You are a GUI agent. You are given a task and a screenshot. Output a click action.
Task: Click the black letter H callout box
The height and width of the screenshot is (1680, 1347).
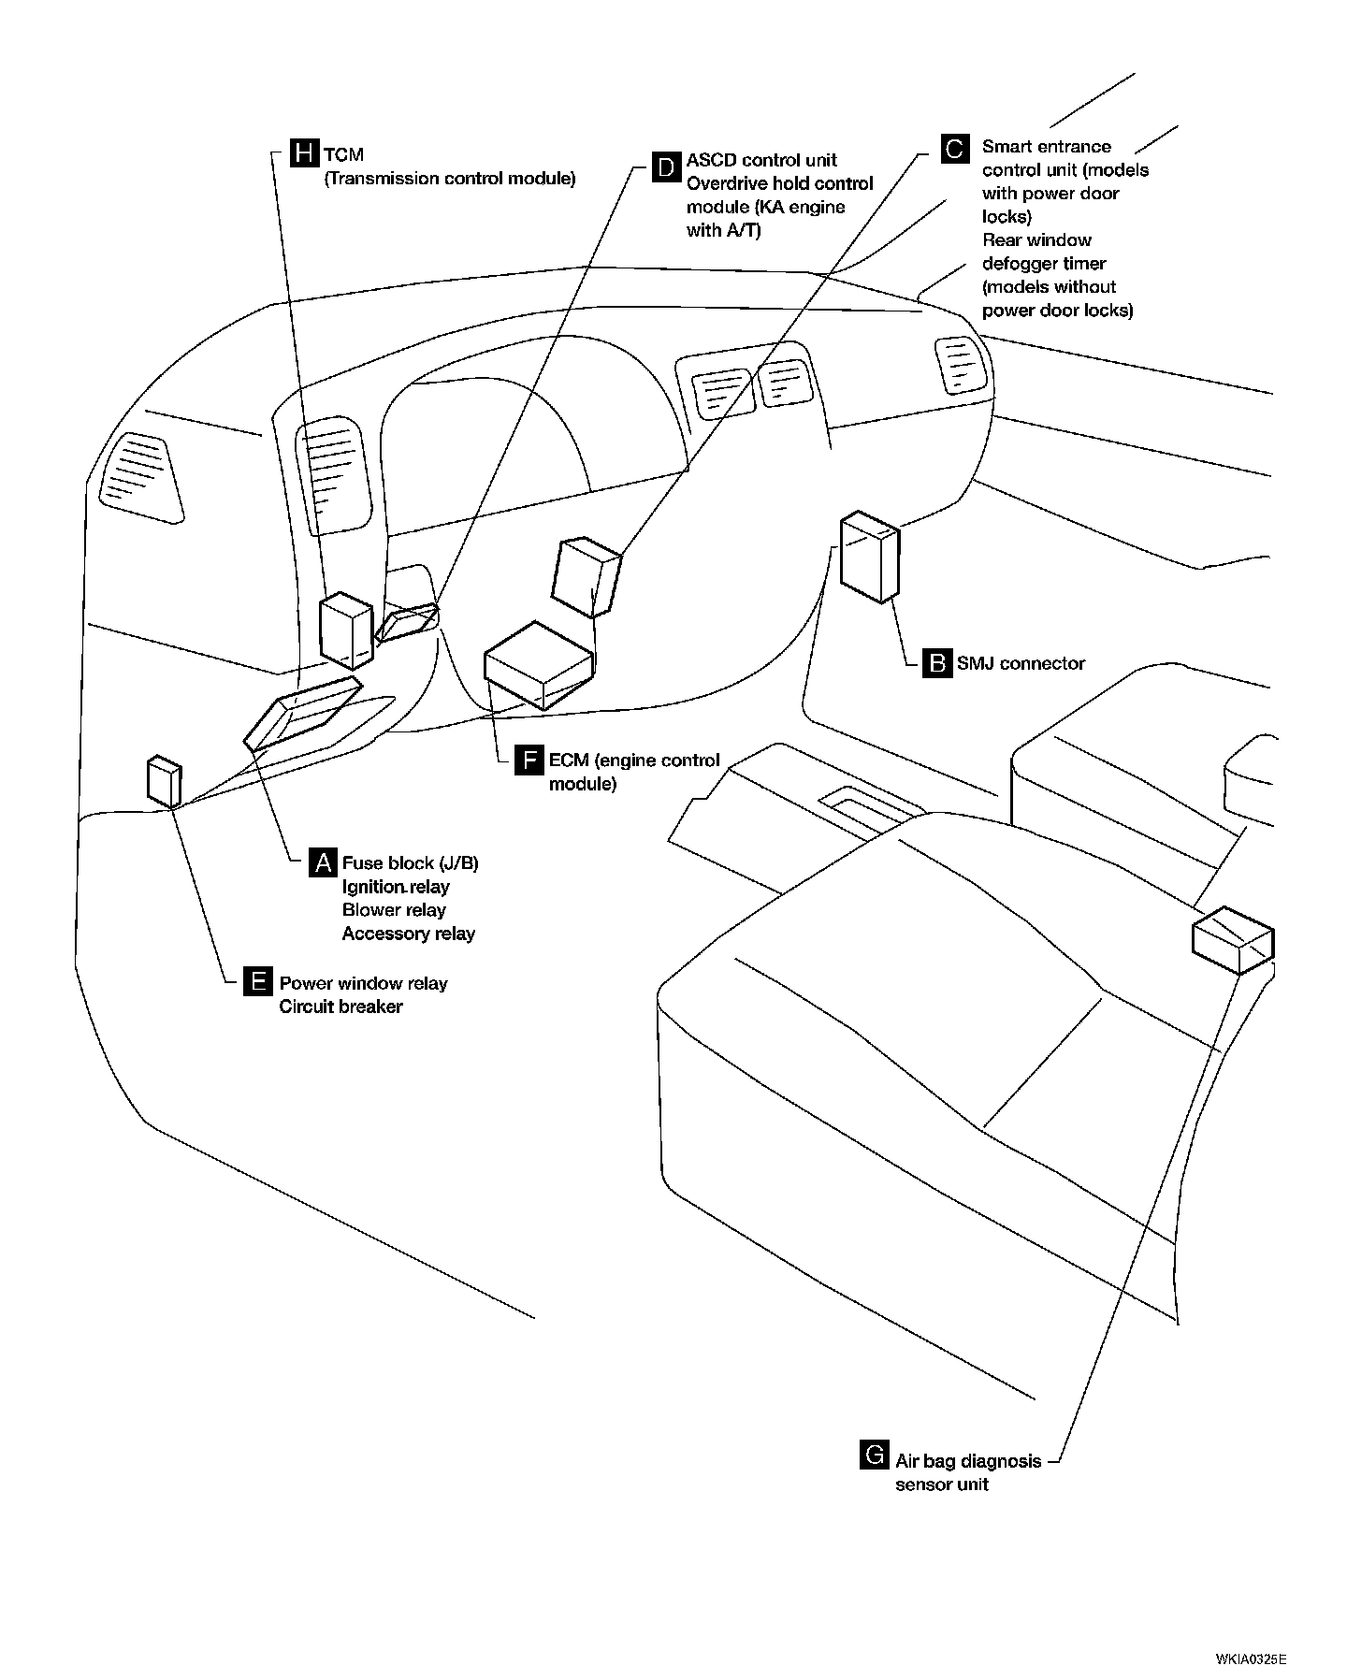tap(304, 153)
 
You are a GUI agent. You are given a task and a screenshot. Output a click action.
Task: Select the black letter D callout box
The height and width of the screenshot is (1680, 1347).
tap(666, 167)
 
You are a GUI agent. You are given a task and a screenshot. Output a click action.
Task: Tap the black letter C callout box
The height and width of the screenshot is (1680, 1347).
tap(954, 150)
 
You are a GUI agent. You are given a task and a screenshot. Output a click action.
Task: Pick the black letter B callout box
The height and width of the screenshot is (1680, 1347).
tap(936, 662)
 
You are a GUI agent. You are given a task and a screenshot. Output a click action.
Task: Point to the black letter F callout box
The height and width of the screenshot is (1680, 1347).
tap(529, 760)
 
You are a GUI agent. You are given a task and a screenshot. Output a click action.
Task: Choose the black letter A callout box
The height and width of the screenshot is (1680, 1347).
tap(322, 862)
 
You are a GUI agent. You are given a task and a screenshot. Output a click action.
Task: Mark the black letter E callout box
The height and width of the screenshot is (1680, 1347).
tap(256, 982)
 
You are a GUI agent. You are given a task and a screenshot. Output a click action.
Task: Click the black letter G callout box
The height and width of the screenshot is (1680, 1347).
tap(874, 1456)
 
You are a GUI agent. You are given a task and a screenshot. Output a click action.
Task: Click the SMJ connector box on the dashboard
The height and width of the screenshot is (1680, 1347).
tap(869, 557)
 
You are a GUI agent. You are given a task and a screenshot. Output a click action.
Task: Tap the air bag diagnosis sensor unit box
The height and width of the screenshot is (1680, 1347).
tap(1233, 939)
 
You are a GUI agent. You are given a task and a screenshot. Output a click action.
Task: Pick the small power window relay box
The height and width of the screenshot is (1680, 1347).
tap(164, 780)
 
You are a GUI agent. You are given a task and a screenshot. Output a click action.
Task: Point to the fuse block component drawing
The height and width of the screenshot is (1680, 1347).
tap(301, 712)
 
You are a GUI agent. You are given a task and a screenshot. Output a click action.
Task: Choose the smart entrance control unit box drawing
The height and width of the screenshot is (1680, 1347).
tap(587, 576)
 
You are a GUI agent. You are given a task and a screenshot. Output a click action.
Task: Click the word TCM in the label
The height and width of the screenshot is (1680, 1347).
tap(343, 155)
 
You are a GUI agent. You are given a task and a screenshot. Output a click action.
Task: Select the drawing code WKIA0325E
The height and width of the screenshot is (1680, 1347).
tap(1251, 1659)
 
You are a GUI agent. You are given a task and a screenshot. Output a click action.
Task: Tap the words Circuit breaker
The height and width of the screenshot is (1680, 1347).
tap(340, 1007)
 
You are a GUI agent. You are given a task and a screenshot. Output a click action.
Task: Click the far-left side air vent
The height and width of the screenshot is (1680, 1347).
tap(141, 476)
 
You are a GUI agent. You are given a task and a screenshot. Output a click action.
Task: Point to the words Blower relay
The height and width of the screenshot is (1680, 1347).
tap(394, 909)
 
